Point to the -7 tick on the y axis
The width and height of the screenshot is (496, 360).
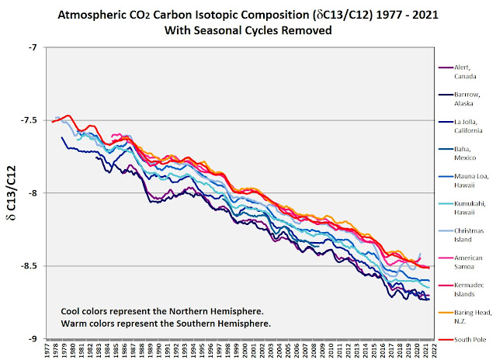pos(32,47)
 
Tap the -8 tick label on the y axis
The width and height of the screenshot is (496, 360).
pos(32,193)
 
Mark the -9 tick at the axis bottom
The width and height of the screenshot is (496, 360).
pos(32,339)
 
